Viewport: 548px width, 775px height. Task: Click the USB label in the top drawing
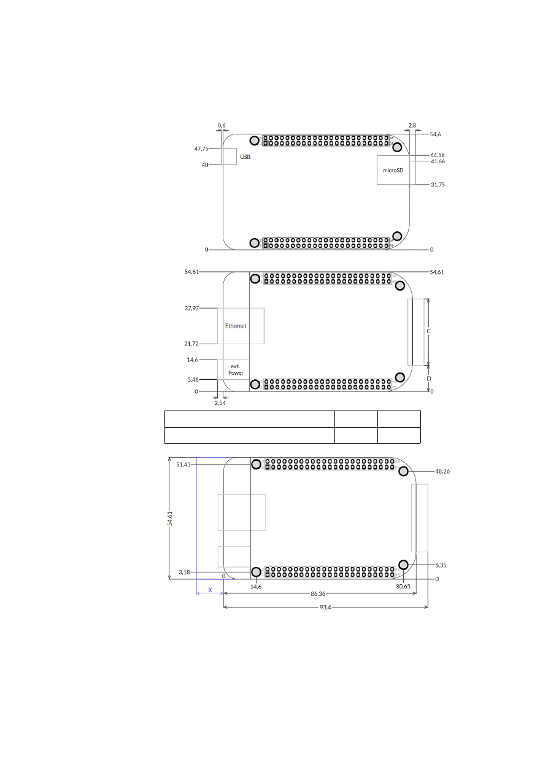tap(245, 157)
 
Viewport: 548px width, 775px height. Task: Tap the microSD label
tap(393, 171)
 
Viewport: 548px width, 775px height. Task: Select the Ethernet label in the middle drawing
tap(236, 326)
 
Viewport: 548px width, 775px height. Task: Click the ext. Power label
tap(236, 369)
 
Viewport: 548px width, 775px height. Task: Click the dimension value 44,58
tap(438, 155)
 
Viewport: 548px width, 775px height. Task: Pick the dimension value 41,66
tap(438, 161)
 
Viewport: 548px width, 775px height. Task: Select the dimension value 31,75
tap(438, 184)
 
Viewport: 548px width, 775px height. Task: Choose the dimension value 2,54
tap(220, 403)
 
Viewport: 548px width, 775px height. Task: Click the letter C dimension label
tap(428, 331)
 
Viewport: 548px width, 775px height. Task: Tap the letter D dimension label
tap(428, 379)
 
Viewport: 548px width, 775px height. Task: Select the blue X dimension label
tap(210, 590)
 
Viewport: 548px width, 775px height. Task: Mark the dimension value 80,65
tap(403, 587)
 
